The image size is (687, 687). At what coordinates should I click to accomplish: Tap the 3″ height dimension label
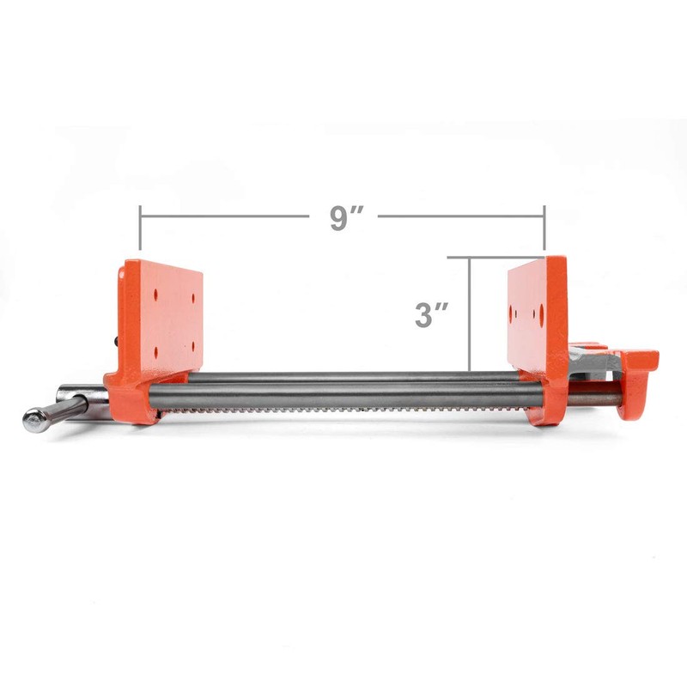point(427,313)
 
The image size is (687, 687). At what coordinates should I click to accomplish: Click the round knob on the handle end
point(35,420)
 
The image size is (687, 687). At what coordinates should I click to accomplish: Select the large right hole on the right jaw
point(543,315)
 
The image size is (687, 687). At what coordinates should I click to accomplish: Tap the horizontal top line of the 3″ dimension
point(494,257)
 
